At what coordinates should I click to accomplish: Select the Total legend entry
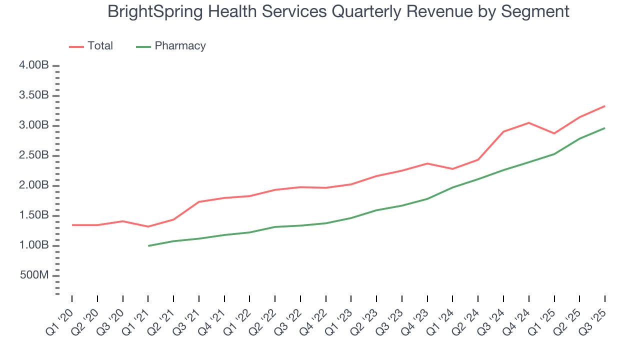click(91, 46)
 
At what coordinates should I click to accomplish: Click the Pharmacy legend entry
click(171, 46)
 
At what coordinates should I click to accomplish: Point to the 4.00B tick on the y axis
click(34, 65)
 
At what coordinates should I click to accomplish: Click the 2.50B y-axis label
click(34, 155)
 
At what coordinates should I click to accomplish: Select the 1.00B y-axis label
click(34, 245)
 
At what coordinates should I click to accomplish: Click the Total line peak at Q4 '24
click(528, 123)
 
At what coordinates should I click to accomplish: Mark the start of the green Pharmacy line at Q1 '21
click(148, 245)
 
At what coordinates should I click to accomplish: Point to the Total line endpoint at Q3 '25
click(604, 106)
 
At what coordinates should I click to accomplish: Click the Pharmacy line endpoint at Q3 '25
click(604, 128)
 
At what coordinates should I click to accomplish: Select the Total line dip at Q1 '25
click(554, 133)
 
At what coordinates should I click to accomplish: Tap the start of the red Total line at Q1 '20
click(72, 225)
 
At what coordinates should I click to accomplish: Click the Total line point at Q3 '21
click(199, 202)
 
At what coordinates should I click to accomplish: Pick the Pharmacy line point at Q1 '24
click(452, 187)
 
